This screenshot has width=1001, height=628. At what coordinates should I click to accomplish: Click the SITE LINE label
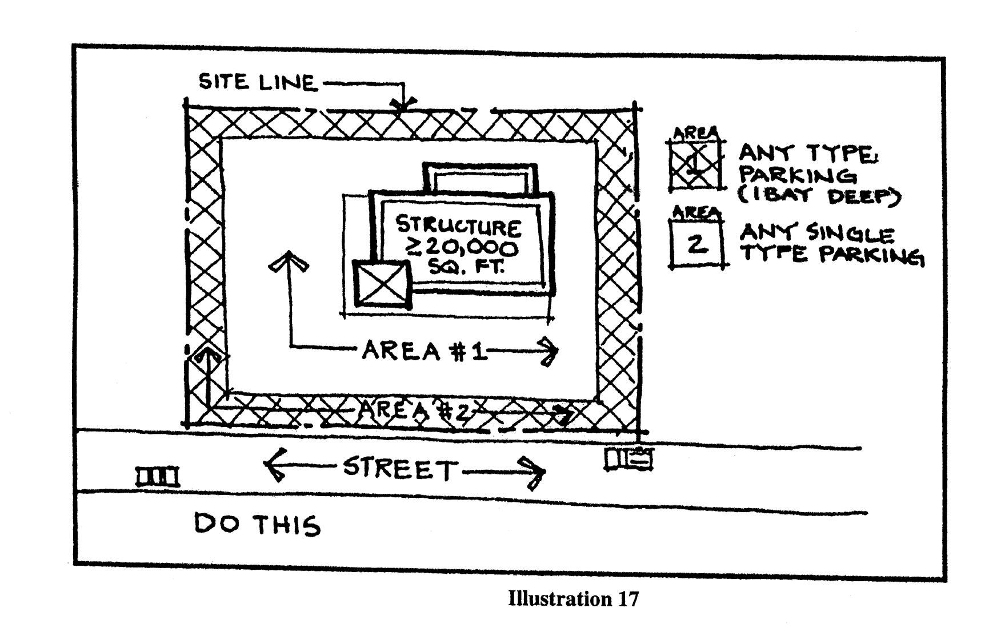pos(257,83)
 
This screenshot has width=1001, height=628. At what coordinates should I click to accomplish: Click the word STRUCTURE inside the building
pos(458,226)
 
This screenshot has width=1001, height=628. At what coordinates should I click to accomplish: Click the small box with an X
pos(382,284)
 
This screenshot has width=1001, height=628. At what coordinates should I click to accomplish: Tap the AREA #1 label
pos(423,351)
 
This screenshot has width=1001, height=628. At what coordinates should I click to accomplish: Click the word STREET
pos(400,469)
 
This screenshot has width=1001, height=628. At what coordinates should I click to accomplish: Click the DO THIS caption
pos(257,525)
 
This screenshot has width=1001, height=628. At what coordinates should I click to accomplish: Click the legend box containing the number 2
pos(696,244)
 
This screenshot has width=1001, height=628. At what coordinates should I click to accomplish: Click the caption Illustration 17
pos(573,599)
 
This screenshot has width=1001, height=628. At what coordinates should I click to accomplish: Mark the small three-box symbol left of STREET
pos(157,477)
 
